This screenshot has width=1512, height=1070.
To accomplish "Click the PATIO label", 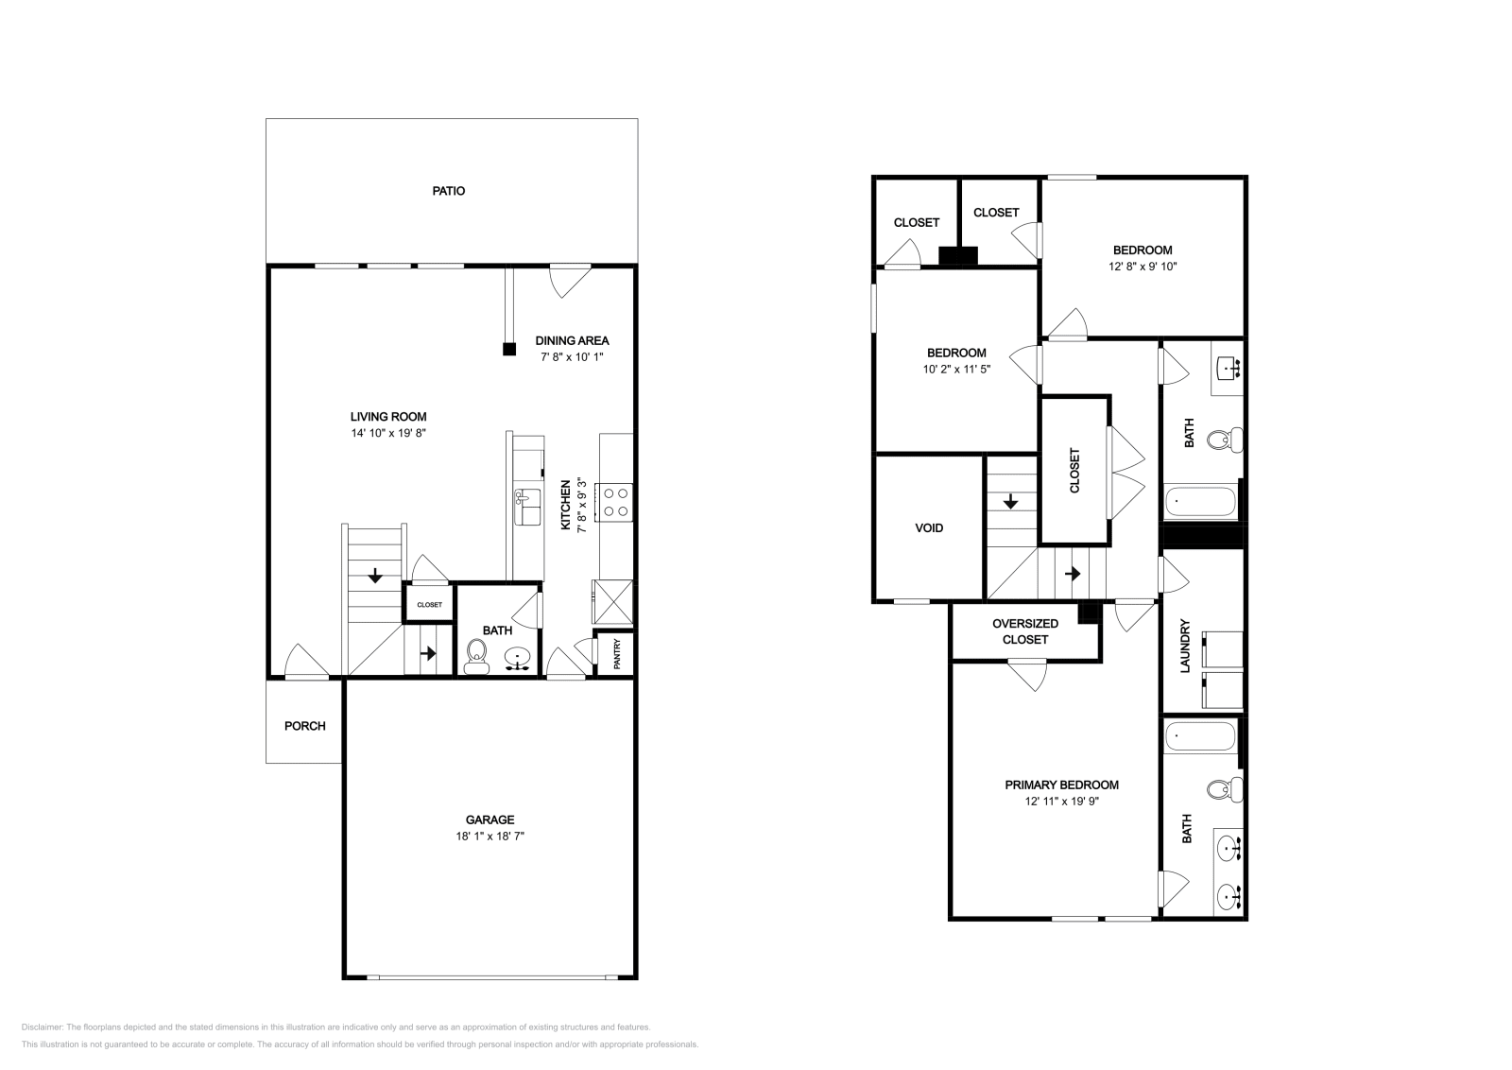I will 449,191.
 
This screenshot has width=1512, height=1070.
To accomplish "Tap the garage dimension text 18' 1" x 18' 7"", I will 490,837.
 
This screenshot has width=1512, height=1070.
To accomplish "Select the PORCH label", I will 305,726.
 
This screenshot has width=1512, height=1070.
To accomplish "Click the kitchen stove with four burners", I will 616,501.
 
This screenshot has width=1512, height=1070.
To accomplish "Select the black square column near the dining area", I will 509,349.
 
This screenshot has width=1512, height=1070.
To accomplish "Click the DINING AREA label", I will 572,340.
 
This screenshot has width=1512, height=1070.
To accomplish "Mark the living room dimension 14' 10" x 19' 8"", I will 388,433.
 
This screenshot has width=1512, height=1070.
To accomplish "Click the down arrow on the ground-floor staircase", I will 375,574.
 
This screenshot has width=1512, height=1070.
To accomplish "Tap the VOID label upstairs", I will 929,528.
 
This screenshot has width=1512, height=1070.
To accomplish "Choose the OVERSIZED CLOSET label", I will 1025,631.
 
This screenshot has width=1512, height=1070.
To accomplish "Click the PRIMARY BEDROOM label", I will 1061,785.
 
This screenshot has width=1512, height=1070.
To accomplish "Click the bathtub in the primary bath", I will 1200,734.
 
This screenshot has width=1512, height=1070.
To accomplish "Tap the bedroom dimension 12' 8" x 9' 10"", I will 1143,267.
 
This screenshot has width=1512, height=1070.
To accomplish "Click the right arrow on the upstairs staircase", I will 1073,574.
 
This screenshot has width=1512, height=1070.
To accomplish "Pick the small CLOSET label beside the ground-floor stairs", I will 429,604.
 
